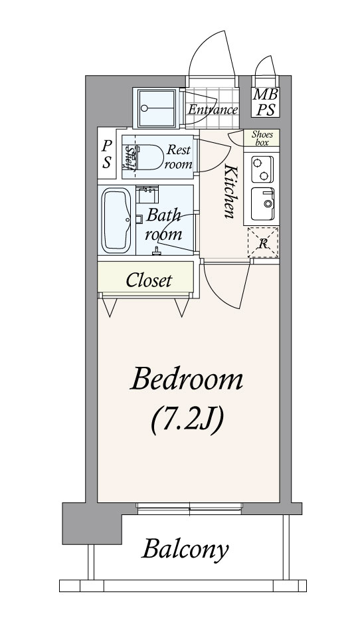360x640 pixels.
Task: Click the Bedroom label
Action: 187,379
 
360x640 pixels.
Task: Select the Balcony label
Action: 185,550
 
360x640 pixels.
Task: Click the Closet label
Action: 149,280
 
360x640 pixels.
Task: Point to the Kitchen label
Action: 230,191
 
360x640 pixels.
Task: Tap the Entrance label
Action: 213,110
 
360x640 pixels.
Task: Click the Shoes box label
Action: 261,138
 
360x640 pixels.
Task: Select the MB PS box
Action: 266,102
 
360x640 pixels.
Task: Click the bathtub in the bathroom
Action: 116,220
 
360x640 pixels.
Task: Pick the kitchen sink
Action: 262,203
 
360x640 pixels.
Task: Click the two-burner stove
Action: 262,169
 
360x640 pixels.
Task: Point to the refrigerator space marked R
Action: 263,243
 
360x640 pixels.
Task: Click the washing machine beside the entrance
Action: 156,108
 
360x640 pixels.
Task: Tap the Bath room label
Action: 163,225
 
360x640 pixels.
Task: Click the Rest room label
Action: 178,157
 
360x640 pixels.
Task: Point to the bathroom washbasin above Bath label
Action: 147,194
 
